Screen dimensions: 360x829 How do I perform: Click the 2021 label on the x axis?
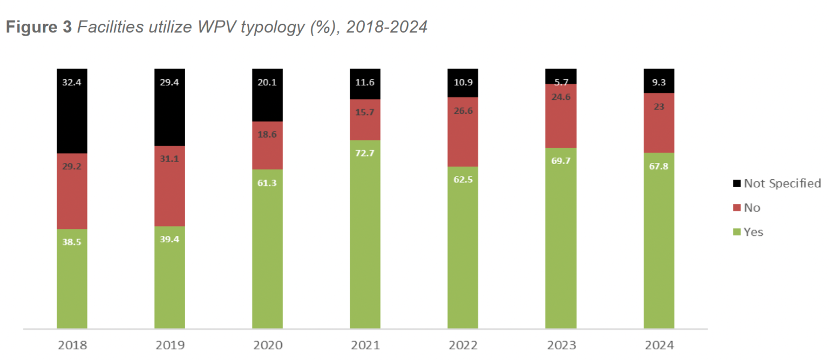pyautogui.click(x=365, y=345)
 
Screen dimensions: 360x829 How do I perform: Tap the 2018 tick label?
pyautogui.click(x=72, y=345)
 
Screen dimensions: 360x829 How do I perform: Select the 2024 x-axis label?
pyautogui.click(x=658, y=345)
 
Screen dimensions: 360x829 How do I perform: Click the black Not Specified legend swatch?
pyautogui.click(x=737, y=184)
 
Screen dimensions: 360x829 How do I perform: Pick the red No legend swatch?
pyautogui.click(x=737, y=208)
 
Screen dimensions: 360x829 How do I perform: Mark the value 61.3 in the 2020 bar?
pyautogui.click(x=267, y=184)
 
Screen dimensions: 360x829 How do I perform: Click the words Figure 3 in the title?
pyautogui.click(x=38, y=28)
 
